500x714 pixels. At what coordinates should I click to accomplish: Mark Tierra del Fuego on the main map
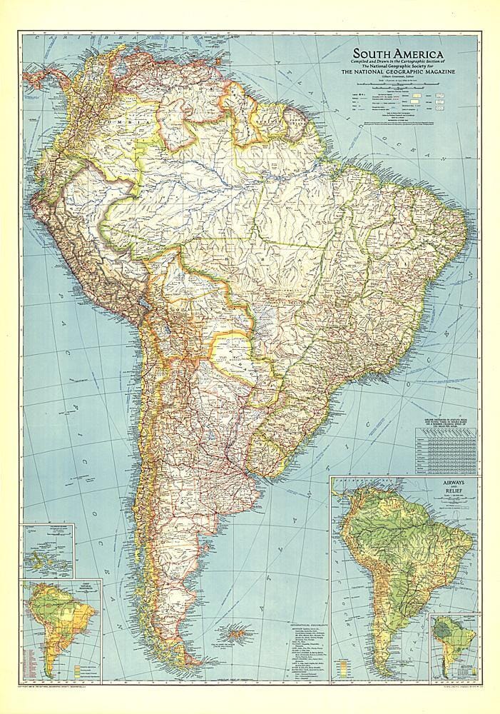coord(187,653)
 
